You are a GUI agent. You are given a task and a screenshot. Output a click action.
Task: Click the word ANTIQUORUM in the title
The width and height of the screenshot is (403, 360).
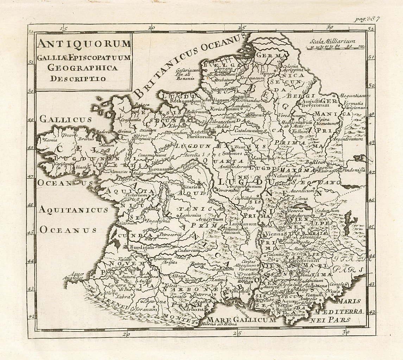84,44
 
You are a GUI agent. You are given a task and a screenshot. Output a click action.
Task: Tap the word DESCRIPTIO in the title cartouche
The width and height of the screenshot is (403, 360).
77,78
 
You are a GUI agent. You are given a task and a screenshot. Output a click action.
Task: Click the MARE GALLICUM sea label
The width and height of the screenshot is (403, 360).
241,320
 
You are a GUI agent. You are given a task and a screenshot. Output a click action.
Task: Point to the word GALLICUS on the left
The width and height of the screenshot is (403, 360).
65,119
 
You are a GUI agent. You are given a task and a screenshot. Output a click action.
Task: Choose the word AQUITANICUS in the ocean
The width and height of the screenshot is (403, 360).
73,210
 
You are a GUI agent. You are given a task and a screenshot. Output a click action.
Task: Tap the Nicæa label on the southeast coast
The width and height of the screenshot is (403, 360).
332,291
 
